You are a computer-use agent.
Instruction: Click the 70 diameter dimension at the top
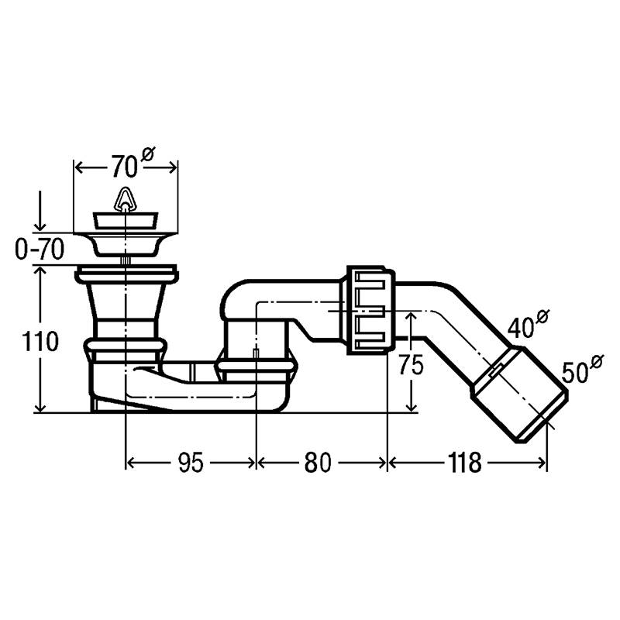(x=123, y=165)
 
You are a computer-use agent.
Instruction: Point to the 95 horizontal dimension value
(x=190, y=463)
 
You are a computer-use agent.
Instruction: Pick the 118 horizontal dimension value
(x=463, y=463)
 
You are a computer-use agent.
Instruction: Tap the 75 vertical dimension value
(x=412, y=365)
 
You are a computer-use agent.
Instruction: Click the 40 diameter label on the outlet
(x=522, y=328)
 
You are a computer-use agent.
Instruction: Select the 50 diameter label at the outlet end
(x=575, y=374)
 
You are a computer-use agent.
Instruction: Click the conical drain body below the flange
(x=124, y=310)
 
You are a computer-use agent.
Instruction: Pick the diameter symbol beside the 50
(x=597, y=361)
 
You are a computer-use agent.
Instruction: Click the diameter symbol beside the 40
(x=542, y=315)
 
